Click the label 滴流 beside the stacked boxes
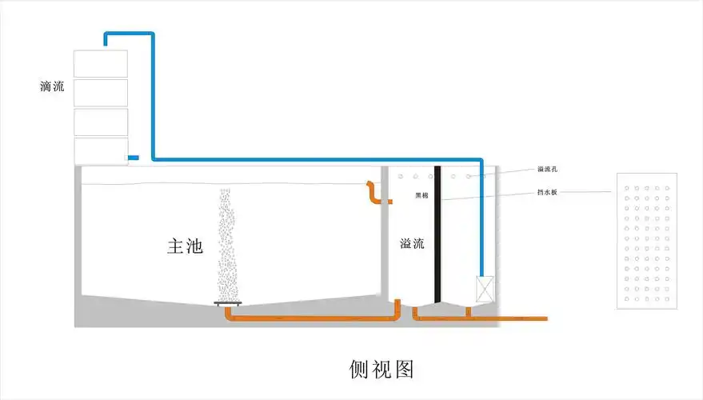pos(52,86)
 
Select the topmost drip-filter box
pos(100,64)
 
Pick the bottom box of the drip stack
pos(100,151)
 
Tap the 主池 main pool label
pos(185,246)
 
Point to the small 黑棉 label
pos(421,195)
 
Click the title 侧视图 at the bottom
pos(382,368)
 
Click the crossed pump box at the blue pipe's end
pos(485,289)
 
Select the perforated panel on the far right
pos(647,240)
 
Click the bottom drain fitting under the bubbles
pos(228,303)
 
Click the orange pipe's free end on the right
pos(545,318)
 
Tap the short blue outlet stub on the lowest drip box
pos(133,157)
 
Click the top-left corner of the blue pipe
pos(106,34)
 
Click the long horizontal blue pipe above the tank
pos(320,159)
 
